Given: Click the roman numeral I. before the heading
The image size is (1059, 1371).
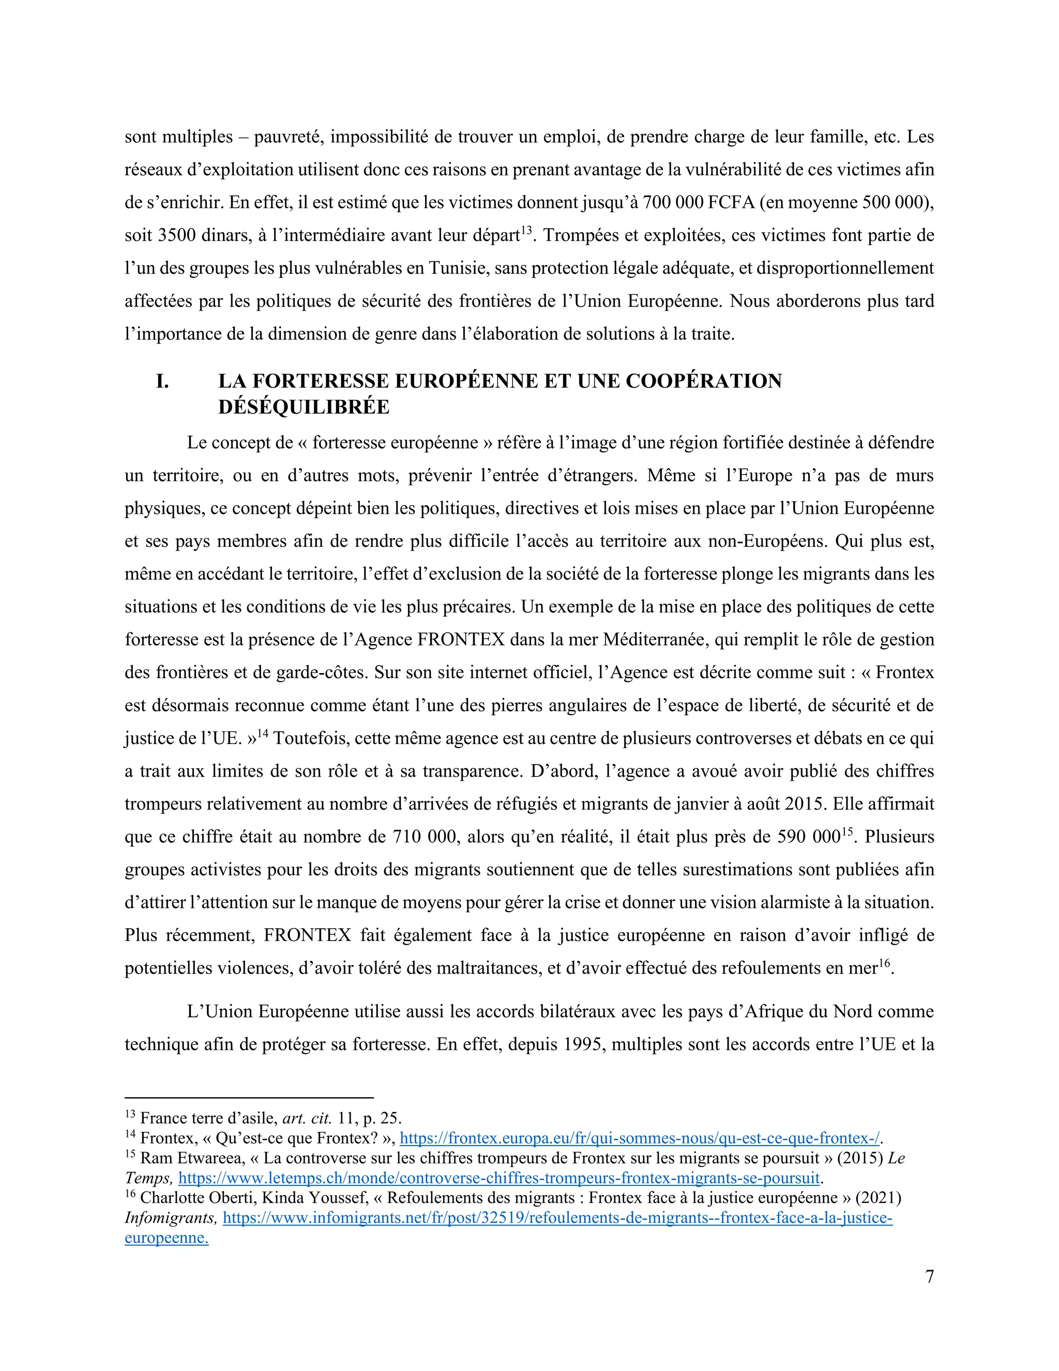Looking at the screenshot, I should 162,381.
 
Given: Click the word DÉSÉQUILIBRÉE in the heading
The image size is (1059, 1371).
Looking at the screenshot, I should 304,407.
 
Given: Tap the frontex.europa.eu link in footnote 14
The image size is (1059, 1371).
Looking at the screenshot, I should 640,1138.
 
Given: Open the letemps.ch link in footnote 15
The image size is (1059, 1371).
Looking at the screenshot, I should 500,1178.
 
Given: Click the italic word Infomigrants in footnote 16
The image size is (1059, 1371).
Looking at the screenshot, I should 170,1218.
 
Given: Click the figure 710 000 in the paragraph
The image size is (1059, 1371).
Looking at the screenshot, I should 424,837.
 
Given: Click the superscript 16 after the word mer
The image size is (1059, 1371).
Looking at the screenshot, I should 883,962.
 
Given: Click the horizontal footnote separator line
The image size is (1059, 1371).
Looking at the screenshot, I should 249,1098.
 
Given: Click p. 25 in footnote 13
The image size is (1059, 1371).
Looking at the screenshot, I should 381,1118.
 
